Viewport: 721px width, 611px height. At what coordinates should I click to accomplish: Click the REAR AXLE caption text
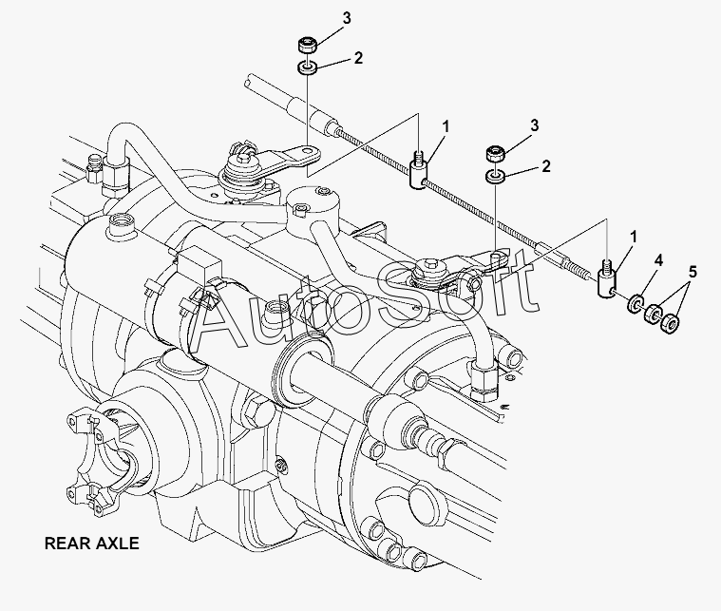click(x=92, y=544)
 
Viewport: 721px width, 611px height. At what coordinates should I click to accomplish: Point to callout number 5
click(x=693, y=271)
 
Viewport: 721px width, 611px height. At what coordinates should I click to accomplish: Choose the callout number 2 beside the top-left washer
click(x=357, y=58)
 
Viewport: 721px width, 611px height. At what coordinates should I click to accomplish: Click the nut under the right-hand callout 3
click(x=494, y=154)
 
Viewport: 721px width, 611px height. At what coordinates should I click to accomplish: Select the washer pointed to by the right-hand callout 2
click(x=494, y=178)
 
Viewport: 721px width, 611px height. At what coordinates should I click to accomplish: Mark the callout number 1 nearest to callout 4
click(x=631, y=236)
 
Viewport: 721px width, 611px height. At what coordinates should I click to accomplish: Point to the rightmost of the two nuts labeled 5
click(x=671, y=323)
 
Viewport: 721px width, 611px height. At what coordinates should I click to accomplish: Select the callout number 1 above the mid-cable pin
click(x=446, y=125)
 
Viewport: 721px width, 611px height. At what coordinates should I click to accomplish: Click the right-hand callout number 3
click(x=535, y=125)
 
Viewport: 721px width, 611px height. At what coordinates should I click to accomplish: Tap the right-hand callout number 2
click(x=546, y=166)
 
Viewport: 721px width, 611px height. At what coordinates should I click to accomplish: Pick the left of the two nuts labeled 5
click(x=653, y=315)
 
